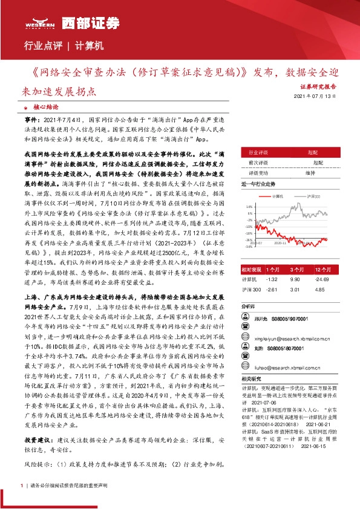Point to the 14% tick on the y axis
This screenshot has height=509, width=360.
point(249,207)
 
